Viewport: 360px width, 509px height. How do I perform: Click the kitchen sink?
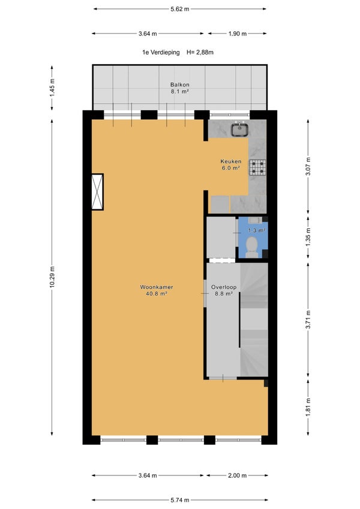(240, 129)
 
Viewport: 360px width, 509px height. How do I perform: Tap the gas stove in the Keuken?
(257, 167)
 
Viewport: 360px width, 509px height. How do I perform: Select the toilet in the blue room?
(252, 247)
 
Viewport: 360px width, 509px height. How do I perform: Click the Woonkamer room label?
(157, 291)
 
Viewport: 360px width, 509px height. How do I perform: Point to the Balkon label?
(179, 88)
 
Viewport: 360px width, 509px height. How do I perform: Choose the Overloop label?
(224, 291)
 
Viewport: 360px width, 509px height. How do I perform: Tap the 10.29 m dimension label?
(52, 276)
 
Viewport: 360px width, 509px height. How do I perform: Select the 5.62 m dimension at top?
(179, 9)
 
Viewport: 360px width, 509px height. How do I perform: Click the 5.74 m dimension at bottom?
(179, 500)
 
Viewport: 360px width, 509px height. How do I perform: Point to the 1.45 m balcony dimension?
(52, 88)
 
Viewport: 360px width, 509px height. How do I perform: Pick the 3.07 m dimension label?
(308, 166)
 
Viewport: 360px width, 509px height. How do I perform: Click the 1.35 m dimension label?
(308, 237)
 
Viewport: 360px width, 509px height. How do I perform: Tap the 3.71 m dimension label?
(308, 320)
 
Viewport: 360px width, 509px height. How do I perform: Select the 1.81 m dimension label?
(308, 406)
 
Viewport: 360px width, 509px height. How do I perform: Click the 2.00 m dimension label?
(237, 475)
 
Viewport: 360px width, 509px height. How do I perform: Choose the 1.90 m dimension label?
(237, 34)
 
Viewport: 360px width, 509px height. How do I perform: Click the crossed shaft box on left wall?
(97, 192)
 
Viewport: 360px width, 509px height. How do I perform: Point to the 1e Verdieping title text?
(161, 52)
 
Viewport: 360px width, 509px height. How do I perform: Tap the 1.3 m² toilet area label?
(257, 230)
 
